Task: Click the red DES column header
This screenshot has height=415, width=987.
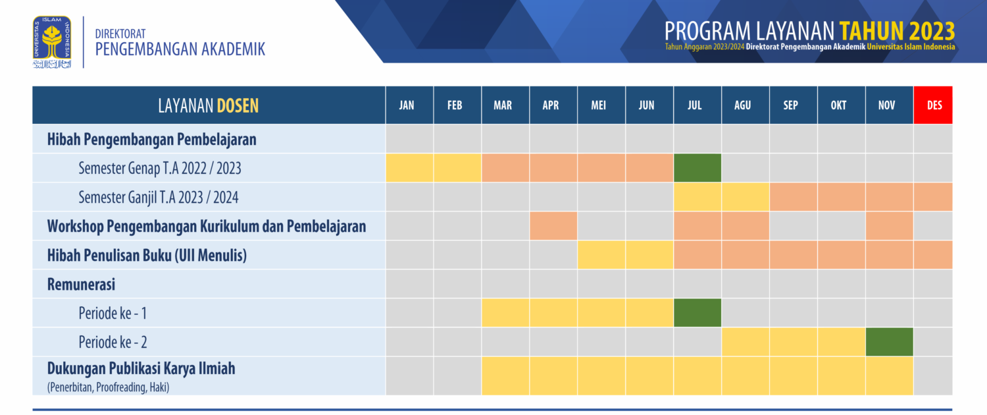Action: point(933,105)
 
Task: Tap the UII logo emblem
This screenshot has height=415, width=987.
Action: point(52,42)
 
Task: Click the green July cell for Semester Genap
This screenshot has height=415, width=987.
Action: point(697,167)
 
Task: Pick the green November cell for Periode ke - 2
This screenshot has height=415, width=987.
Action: point(889,342)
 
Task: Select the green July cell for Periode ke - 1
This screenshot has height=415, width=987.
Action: point(697,313)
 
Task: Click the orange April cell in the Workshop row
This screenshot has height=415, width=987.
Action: point(553,226)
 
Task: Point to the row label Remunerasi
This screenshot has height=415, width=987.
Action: point(81,285)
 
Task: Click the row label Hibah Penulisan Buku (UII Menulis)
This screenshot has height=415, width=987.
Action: point(147,256)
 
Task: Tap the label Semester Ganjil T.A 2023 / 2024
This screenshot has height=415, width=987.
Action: point(158,197)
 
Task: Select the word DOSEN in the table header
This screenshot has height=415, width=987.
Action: point(238,105)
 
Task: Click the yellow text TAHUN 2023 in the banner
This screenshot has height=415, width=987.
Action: point(897,31)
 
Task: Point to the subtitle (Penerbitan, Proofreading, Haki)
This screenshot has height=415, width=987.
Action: point(108,387)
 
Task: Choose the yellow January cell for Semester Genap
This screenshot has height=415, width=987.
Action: point(409,167)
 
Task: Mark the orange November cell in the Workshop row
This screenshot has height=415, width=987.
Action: point(889,226)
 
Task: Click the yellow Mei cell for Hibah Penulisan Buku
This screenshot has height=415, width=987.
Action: point(601,255)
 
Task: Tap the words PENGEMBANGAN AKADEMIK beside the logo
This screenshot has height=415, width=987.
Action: point(180,49)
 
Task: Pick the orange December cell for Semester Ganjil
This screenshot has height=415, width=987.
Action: point(933,197)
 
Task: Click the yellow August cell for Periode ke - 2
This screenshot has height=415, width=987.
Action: point(745,342)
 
